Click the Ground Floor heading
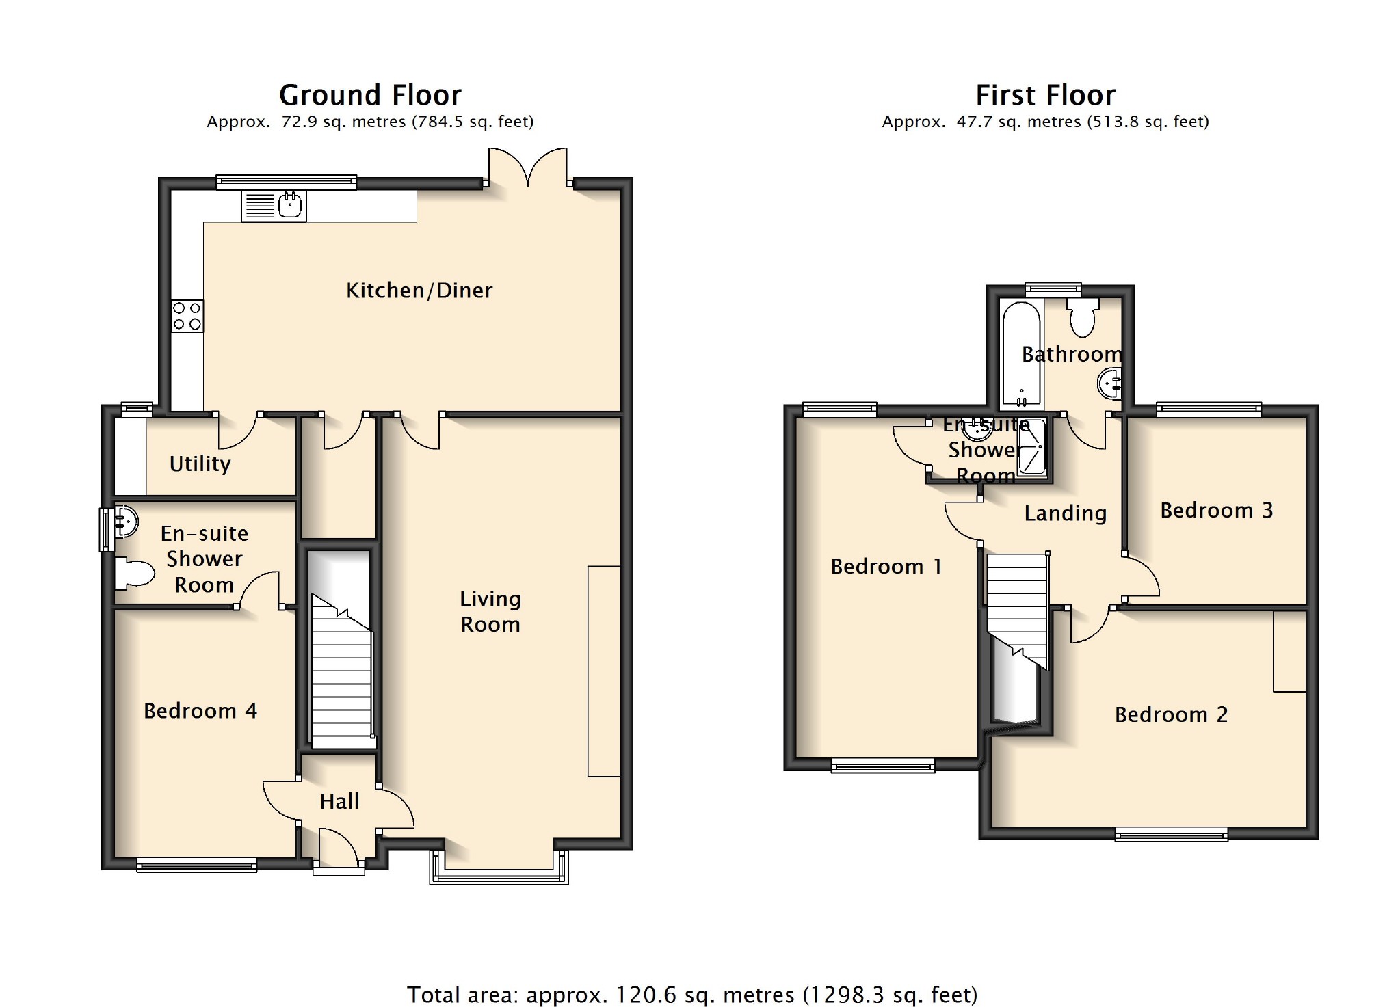370,95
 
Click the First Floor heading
1045,95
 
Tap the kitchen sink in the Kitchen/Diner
274,206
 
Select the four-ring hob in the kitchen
187,316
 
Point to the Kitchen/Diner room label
419,291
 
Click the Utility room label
200,464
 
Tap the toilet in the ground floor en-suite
135,573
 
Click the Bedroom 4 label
200,711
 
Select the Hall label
339,801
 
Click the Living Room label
490,611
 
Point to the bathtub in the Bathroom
1021,353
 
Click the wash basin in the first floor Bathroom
1109,384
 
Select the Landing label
1066,513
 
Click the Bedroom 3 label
1217,510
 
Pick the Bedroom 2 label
1171,714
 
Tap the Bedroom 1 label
886,566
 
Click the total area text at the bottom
692,995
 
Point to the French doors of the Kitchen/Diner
528,167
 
